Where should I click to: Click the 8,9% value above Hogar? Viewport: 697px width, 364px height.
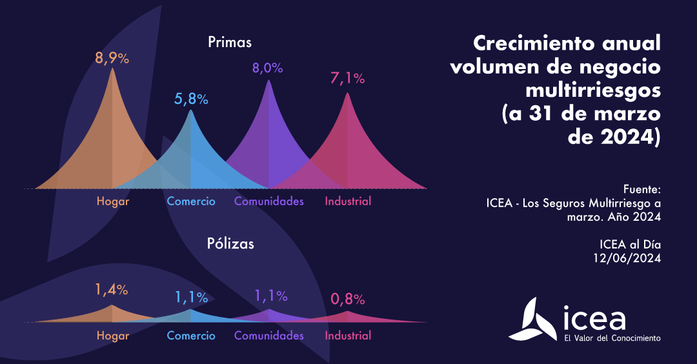(x=112, y=58)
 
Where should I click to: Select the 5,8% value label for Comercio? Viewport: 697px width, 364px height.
(x=191, y=99)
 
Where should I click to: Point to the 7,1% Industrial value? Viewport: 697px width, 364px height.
(x=348, y=79)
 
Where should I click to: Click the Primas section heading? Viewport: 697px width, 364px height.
(x=230, y=43)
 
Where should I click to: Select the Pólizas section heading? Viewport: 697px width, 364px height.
(x=230, y=244)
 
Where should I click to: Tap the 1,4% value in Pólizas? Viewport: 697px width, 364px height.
(x=112, y=290)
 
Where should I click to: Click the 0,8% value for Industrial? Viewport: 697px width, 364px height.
(x=348, y=299)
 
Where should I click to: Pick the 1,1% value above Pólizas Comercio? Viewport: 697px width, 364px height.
(x=191, y=298)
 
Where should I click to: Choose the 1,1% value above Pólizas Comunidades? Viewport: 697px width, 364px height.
(x=270, y=296)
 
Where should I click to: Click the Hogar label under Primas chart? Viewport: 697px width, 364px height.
(x=113, y=201)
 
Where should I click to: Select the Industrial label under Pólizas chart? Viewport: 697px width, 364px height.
(x=348, y=336)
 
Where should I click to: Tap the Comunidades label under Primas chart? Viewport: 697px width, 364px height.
(x=268, y=201)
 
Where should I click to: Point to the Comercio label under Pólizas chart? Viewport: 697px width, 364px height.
(x=191, y=336)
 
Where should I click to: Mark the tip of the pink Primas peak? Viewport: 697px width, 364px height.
(x=348, y=94)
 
